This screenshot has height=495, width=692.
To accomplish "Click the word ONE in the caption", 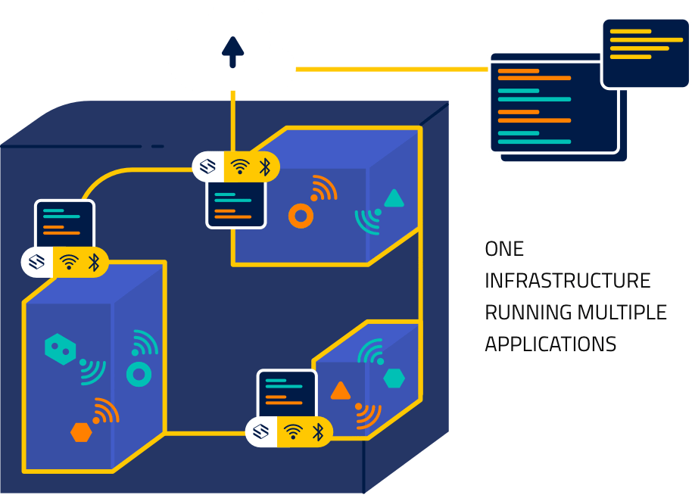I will (504, 248).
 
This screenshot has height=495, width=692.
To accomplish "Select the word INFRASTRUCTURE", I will (567, 280).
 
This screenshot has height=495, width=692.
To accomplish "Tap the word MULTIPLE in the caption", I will (622, 312).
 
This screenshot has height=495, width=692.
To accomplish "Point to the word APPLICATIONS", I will (550, 344).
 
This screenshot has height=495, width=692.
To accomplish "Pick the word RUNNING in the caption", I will (528, 312).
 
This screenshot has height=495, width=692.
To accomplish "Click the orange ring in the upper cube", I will (301, 217).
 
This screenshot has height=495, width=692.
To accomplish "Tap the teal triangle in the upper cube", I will (394, 199).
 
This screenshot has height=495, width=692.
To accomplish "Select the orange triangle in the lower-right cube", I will (341, 391).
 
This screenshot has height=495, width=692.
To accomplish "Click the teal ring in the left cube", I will (139, 373).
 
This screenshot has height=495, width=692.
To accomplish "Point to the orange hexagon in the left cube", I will (81, 432).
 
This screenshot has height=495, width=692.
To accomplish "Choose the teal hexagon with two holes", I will (61, 349).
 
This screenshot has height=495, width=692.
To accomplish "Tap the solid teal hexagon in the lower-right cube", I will (394, 378).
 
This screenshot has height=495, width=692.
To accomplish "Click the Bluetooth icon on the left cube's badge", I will (94, 263).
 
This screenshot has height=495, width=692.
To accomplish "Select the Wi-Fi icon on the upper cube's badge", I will (239, 167).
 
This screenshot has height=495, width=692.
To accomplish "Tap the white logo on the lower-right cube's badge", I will (261, 431).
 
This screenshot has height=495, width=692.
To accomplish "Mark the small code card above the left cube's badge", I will (64, 223).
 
